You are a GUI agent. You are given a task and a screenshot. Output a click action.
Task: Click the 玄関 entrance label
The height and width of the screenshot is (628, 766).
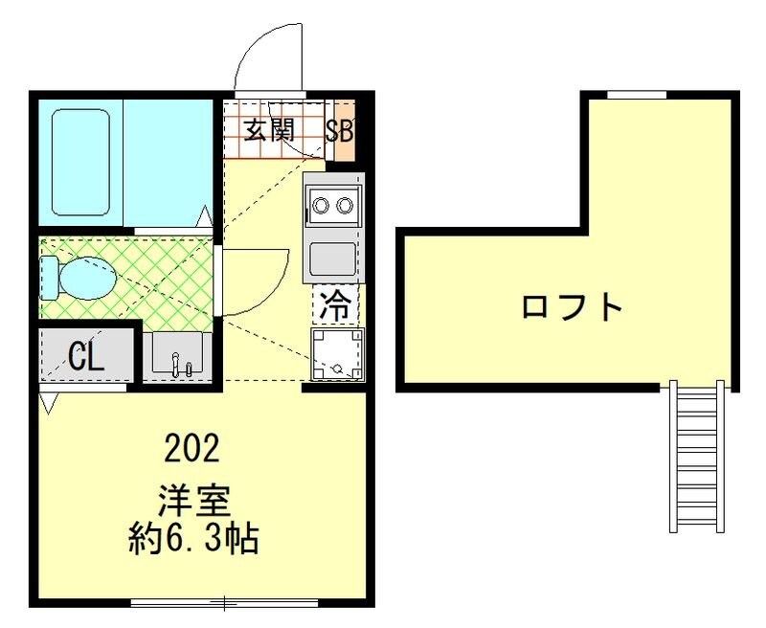coord(268,130)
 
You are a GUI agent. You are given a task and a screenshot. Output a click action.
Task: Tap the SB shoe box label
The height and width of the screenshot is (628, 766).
coord(339,131)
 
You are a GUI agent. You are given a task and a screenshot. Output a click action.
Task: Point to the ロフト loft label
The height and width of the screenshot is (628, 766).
coord(573,308)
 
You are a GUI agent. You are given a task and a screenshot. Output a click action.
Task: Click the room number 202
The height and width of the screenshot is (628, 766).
coord(192,447)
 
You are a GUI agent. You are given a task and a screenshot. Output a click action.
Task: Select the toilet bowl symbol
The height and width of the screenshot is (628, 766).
coord(80,278)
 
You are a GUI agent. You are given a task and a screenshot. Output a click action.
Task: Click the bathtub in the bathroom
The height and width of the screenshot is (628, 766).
coord(80,163)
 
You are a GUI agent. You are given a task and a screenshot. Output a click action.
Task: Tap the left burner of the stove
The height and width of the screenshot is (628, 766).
coord(320,204)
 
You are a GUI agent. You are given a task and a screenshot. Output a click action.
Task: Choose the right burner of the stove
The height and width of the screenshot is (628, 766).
coord(343,204)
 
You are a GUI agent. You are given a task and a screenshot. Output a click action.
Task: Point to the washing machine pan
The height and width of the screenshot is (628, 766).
coord(337,353)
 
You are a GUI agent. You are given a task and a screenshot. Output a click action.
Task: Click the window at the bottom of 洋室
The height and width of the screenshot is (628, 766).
coord(224,602)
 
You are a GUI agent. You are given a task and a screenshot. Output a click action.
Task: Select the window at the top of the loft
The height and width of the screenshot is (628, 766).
coord(638,94)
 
